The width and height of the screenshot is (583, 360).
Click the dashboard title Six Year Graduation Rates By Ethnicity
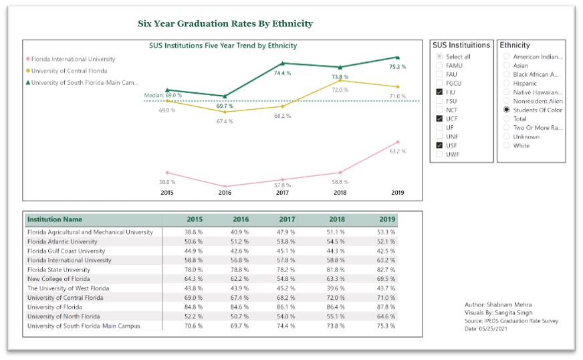[x=225, y=23]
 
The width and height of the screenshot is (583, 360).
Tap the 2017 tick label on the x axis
[x=282, y=193]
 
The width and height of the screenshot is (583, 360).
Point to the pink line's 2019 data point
[x=397, y=142]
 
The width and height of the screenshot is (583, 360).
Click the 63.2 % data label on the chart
[x=398, y=151]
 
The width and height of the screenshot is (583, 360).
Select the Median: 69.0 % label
[x=163, y=96]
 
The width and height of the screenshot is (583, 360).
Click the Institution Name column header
[x=55, y=219]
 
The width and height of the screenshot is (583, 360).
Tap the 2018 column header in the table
[x=338, y=219]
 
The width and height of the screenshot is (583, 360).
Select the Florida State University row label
[x=58, y=270]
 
